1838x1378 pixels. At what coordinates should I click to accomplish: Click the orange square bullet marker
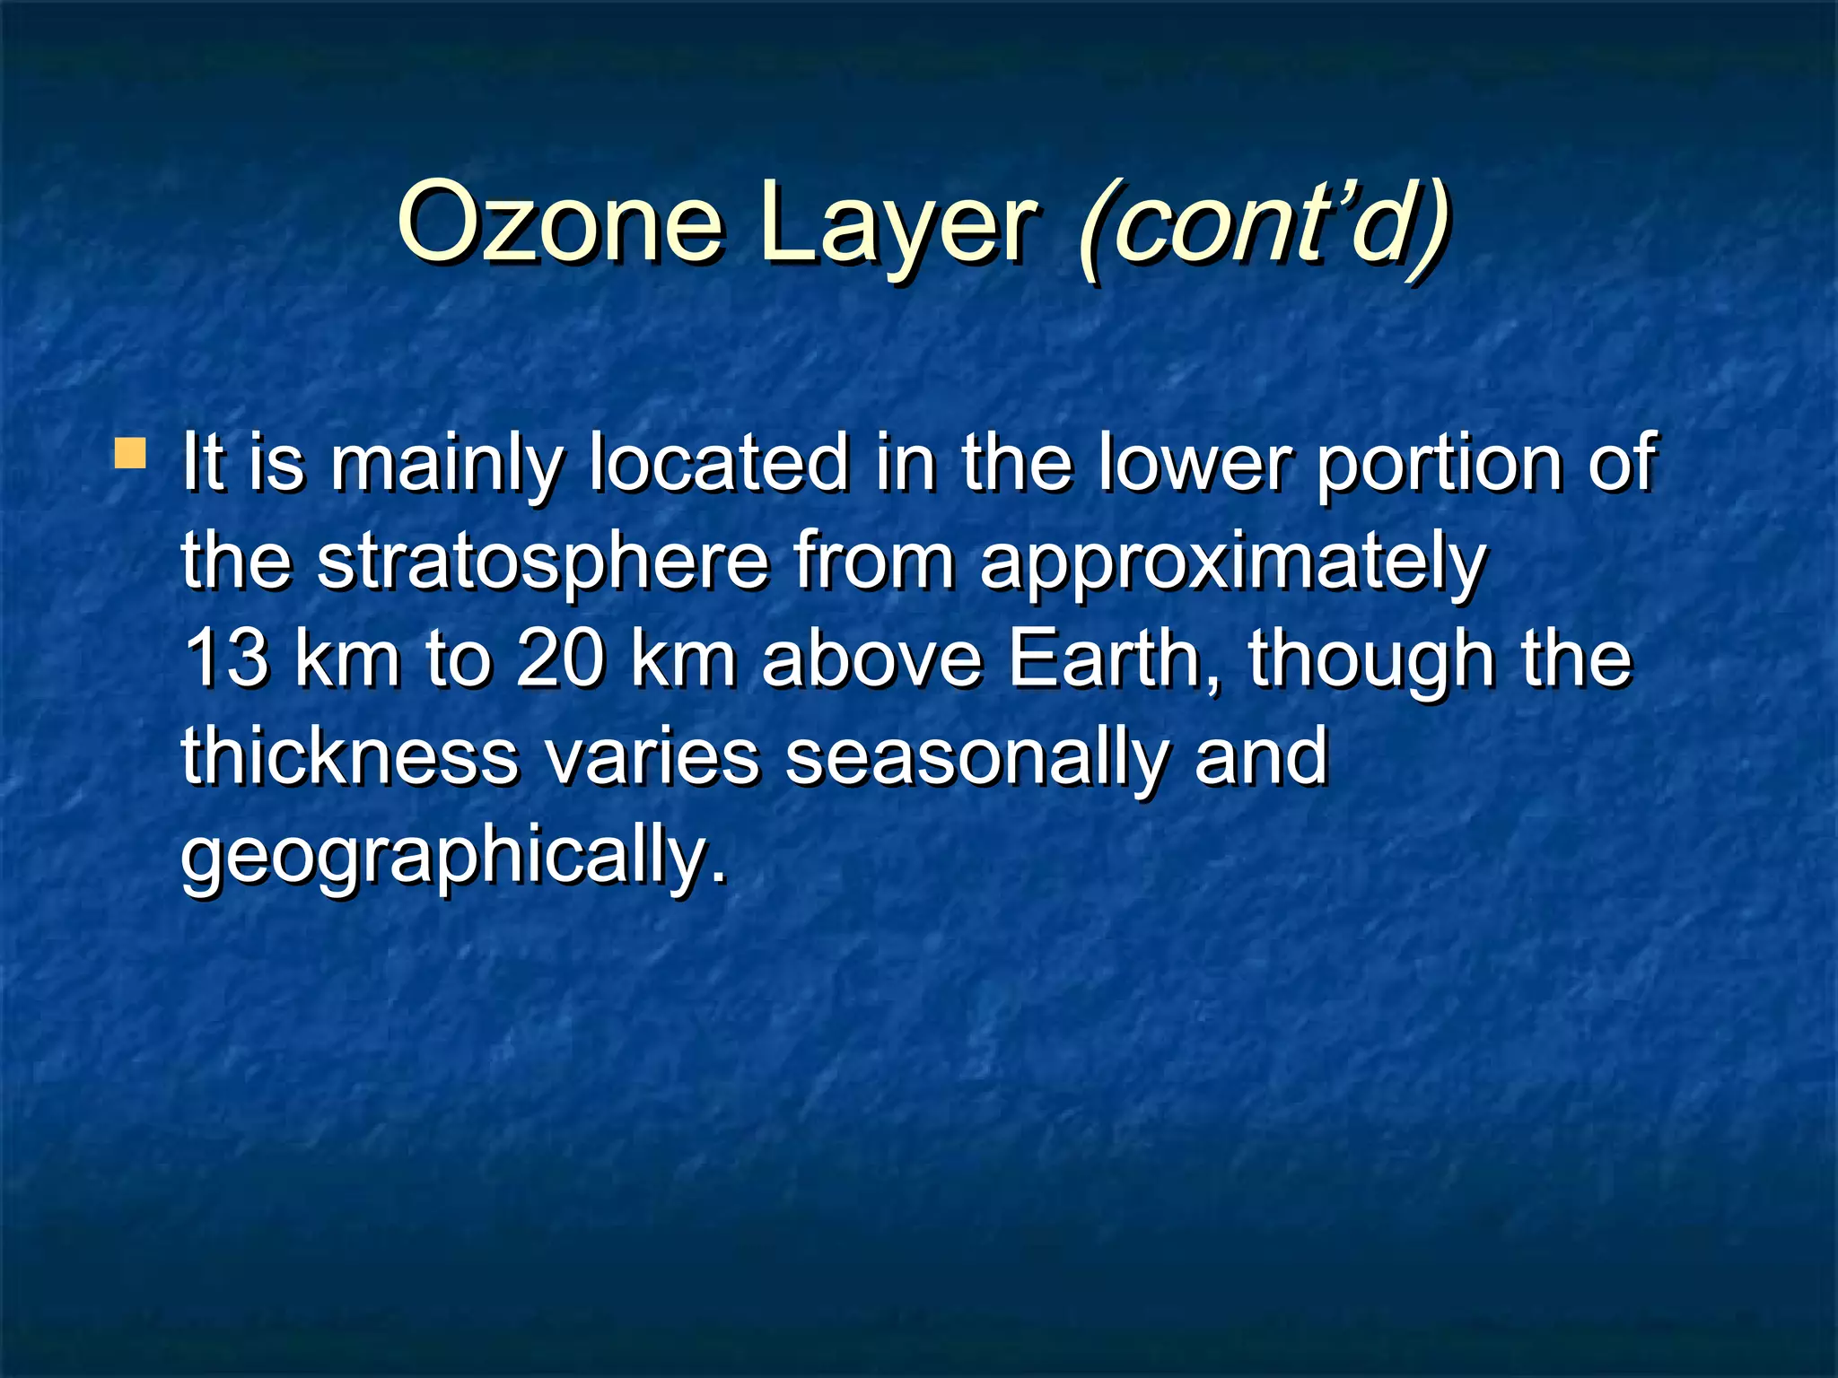[130, 454]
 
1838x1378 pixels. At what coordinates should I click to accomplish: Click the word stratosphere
[543, 563]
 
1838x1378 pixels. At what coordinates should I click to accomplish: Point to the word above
[872, 658]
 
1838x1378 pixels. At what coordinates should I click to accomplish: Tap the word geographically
[453, 858]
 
